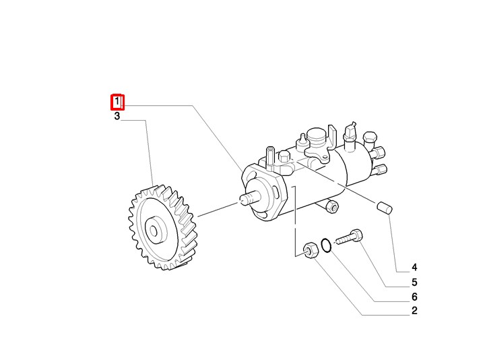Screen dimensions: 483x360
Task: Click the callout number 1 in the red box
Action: pyautogui.click(x=117, y=101)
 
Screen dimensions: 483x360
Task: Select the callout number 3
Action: pyautogui.click(x=117, y=116)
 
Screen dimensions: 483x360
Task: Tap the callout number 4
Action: pyautogui.click(x=414, y=267)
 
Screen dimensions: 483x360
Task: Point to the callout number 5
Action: pyautogui.click(x=414, y=282)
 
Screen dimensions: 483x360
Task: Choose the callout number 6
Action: pyautogui.click(x=414, y=297)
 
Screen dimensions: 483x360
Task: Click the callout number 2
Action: pyautogui.click(x=414, y=311)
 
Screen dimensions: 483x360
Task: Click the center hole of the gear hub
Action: pyautogui.click(x=154, y=231)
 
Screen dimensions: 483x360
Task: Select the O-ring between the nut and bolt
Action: pyautogui.click(x=326, y=245)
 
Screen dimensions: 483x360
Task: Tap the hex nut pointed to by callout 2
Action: pyautogui.click(x=311, y=250)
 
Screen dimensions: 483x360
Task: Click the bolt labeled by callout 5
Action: pyautogui.click(x=350, y=237)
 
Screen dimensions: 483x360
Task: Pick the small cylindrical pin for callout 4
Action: pyautogui.click(x=385, y=207)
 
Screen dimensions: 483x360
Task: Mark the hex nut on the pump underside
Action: pyautogui.click(x=332, y=206)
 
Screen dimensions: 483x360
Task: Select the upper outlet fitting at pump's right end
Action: pyautogui.click(x=378, y=152)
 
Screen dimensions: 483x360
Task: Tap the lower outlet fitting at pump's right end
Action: pyautogui.click(x=379, y=169)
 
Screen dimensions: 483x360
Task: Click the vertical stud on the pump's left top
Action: pyautogui.click(x=270, y=158)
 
